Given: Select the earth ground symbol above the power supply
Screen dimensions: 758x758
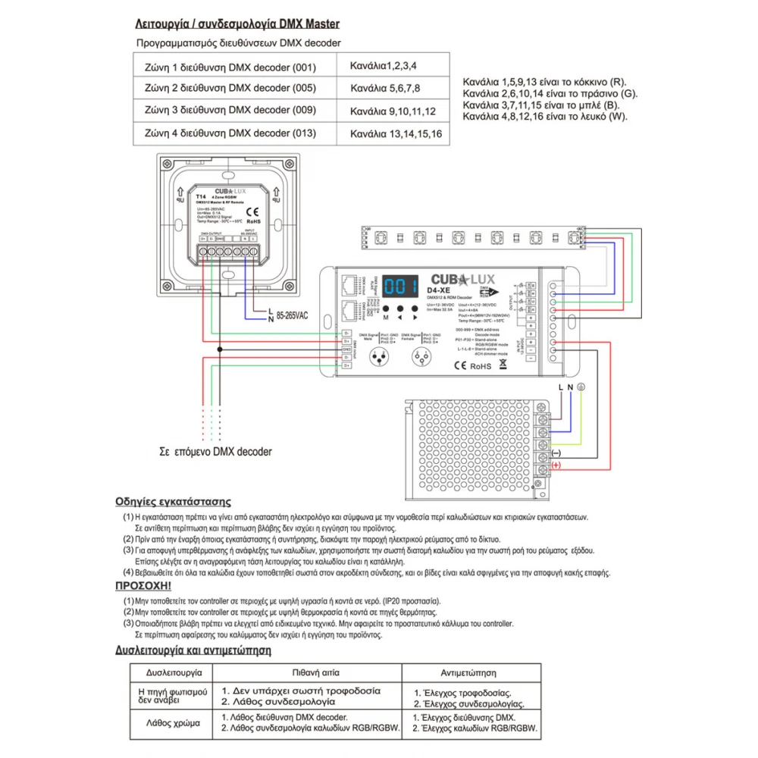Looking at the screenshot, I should (581, 387).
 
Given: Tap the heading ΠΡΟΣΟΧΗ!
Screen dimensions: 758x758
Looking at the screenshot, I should (143, 586).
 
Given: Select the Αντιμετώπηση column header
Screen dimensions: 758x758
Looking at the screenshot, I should (468, 672).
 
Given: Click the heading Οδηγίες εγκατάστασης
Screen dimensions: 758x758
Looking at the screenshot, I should (173, 501).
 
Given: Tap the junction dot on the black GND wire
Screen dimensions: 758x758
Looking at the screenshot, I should (220, 349).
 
